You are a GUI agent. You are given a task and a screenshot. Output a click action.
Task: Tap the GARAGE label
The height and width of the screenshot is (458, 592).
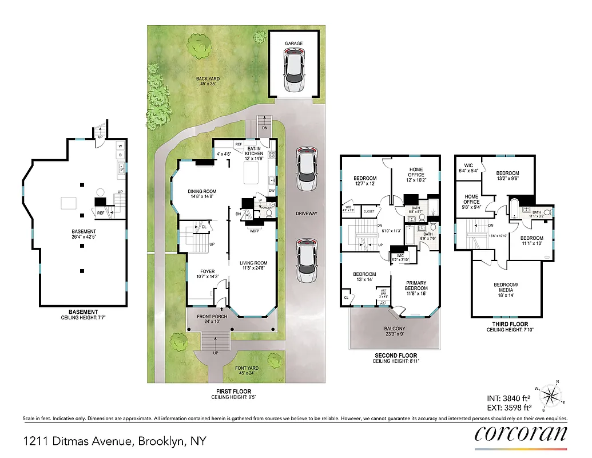tap(295, 44)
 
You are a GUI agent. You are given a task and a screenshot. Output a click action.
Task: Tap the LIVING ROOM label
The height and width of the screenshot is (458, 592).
tap(253, 263)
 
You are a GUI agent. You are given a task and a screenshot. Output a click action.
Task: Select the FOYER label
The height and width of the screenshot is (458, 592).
tap(207, 272)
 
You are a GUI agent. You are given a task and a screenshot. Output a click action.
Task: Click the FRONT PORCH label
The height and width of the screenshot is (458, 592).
tap(212, 317)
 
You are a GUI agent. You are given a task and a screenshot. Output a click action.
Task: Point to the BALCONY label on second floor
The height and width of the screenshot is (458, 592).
tap(395, 329)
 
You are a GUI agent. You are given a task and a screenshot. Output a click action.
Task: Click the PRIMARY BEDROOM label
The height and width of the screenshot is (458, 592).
tap(416, 285)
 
